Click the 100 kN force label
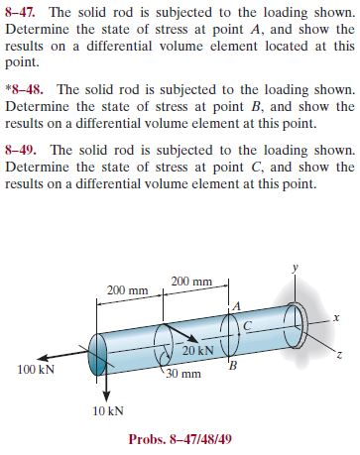tap(36, 368)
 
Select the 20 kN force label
tap(197, 352)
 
